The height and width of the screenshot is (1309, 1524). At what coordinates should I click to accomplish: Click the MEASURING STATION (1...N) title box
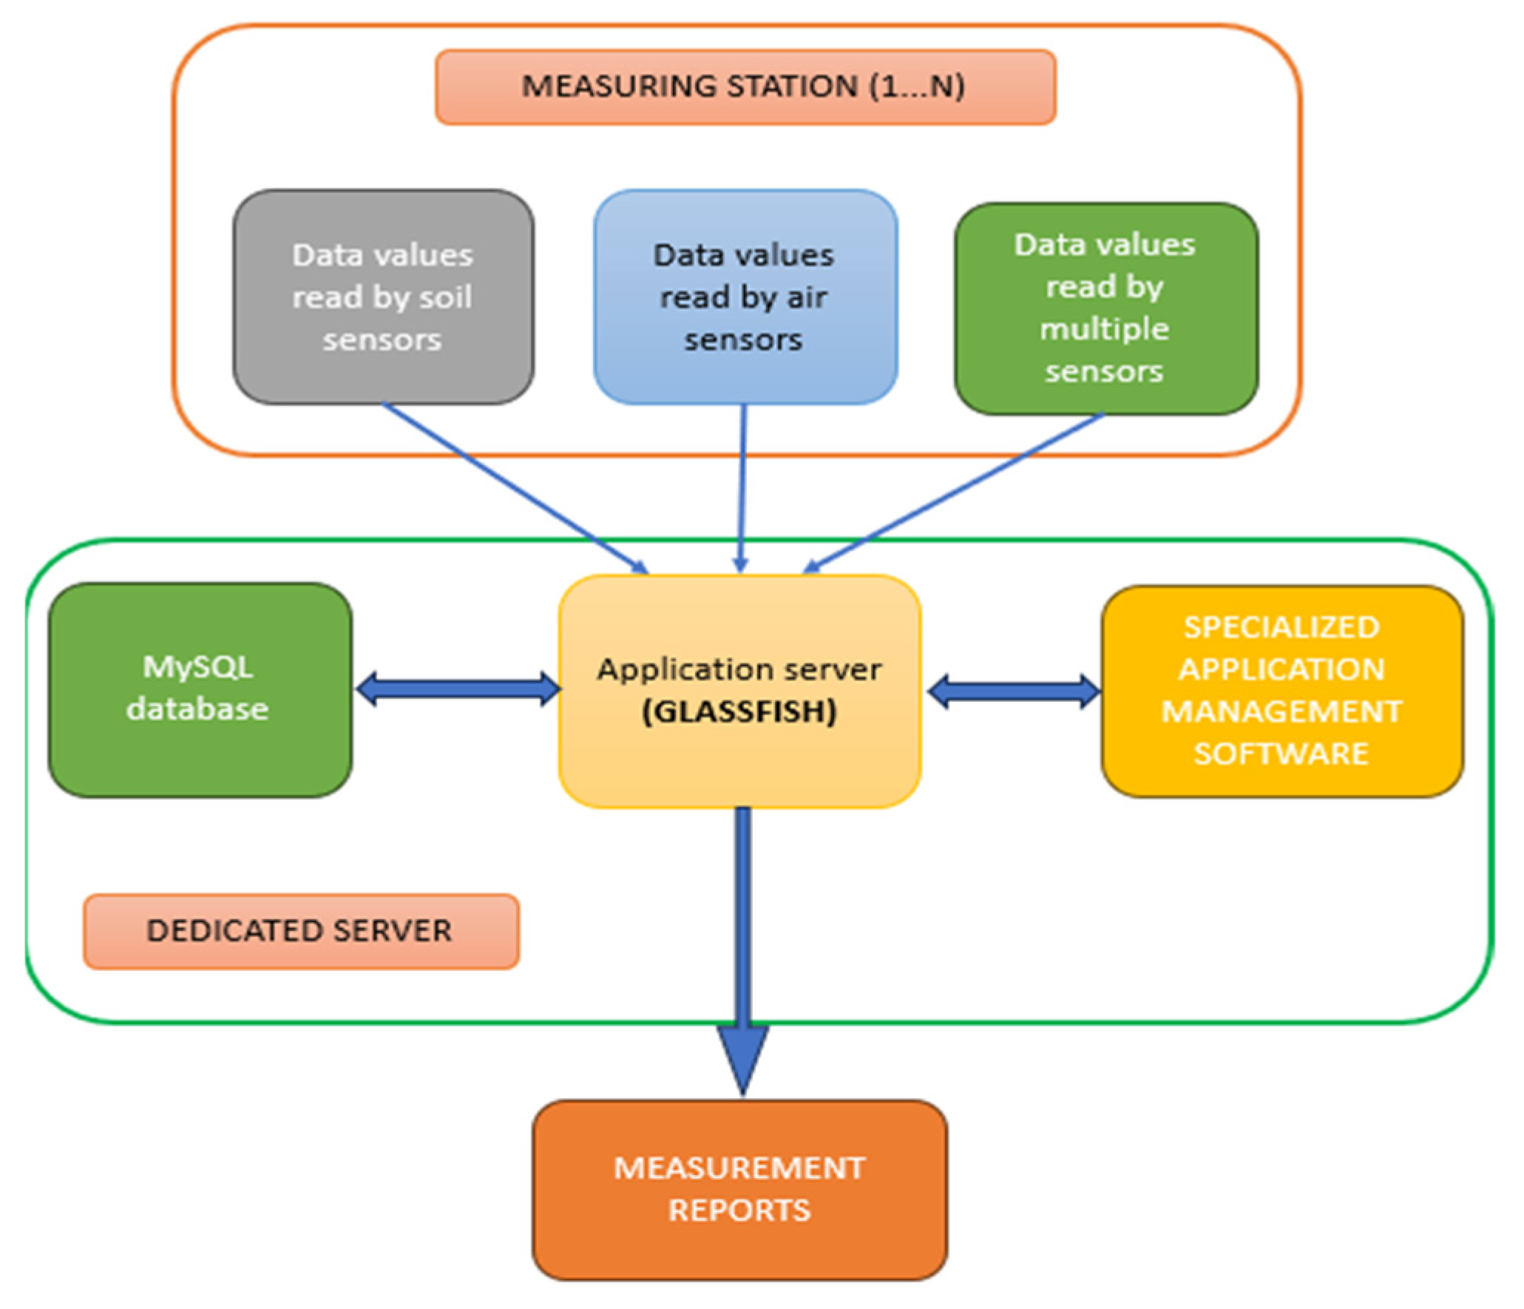click(745, 87)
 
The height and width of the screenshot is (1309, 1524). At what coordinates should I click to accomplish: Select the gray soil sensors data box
click(383, 297)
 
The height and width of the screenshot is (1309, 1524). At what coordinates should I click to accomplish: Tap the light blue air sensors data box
click(745, 297)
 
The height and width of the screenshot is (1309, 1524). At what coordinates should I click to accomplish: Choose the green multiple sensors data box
click(1105, 308)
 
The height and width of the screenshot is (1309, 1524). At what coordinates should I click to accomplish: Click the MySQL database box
click(200, 689)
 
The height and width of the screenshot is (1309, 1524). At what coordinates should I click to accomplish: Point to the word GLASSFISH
click(739, 711)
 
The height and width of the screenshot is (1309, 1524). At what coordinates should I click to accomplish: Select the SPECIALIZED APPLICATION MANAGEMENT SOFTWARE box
click(1281, 690)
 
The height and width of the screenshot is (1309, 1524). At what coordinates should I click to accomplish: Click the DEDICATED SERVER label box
click(300, 930)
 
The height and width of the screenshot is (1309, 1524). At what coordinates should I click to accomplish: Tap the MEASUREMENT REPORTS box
click(739, 1189)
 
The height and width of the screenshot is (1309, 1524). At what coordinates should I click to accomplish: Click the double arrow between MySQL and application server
click(457, 689)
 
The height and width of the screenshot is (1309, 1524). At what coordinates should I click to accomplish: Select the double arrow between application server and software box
click(1013, 691)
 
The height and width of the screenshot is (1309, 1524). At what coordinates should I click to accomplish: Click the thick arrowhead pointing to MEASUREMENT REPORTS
click(743, 1058)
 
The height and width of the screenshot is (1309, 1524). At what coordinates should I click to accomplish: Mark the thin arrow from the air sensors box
click(742, 488)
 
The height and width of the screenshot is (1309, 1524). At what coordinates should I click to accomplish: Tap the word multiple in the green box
click(1104, 328)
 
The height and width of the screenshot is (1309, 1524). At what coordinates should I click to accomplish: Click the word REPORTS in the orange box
click(739, 1211)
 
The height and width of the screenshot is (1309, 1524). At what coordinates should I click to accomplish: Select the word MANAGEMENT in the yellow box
click(1281, 711)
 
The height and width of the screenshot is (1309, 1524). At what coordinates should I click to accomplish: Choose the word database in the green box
click(197, 708)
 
